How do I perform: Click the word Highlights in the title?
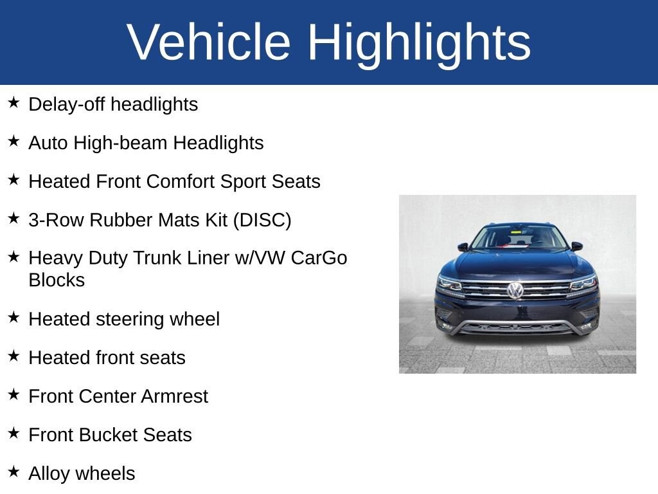(419, 42)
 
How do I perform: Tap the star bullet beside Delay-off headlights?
(13, 102)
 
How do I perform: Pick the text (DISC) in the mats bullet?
(262, 220)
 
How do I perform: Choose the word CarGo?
(319, 258)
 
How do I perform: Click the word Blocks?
(57, 280)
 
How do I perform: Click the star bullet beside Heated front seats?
(13, 356)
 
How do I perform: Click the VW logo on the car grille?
(515, 290)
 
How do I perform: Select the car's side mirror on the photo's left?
(463, 246)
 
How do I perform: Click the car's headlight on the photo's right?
(583, 283)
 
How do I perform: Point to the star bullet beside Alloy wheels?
(13, 471)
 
